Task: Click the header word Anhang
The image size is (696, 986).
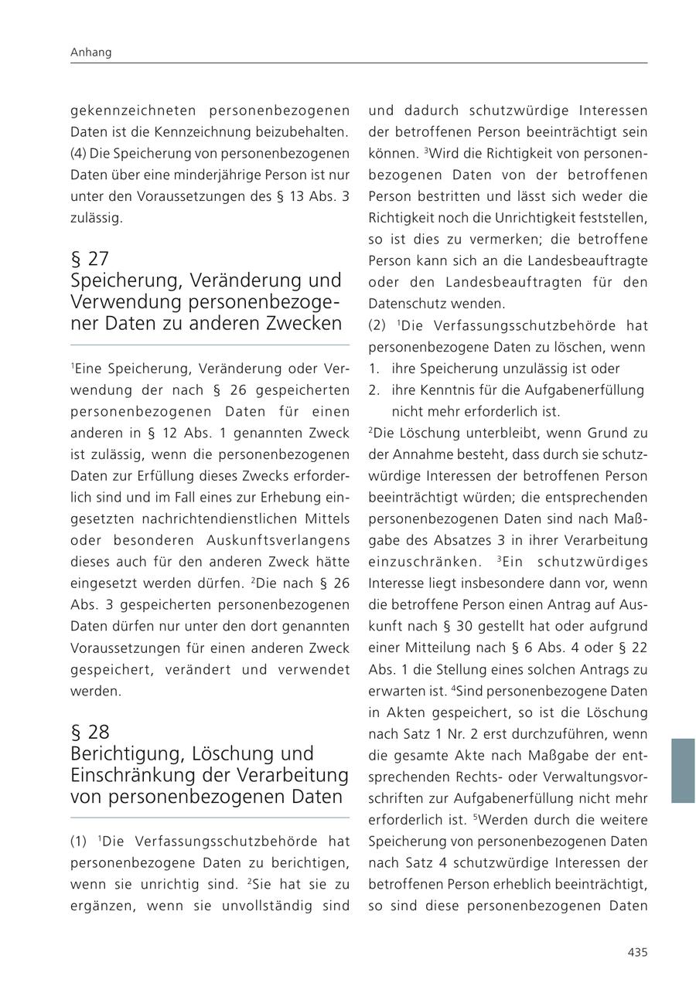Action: coord(91,53)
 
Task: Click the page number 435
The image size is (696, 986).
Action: coord(637,953)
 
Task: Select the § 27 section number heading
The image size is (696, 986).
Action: coord(90,258)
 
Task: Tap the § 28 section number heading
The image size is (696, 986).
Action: coord(90,731)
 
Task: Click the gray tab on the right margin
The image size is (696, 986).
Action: coord(682,770)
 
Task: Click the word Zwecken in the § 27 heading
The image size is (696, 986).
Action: coord(306,322)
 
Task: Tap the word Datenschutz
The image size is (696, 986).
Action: coord(404,304)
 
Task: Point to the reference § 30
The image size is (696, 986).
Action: coord(463,626)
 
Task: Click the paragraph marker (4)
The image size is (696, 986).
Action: coord(80,154)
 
